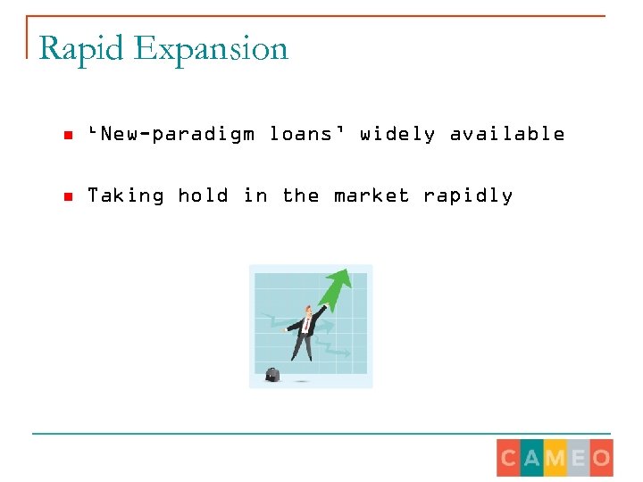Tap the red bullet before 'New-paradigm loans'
coord(67,136)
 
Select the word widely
coord(397,134)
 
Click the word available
coord(507,134)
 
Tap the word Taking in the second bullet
coord(125,195)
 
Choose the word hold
coord(203,195)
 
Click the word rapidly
coord(468,195)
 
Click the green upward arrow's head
coord(339,282)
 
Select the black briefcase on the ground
coord(272,374)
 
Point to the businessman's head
coord(308,311)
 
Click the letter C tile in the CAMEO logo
coord(509,459)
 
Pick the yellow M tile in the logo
coord(555,459)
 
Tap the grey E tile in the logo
coord(578,459)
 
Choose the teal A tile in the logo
coord(532,459)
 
